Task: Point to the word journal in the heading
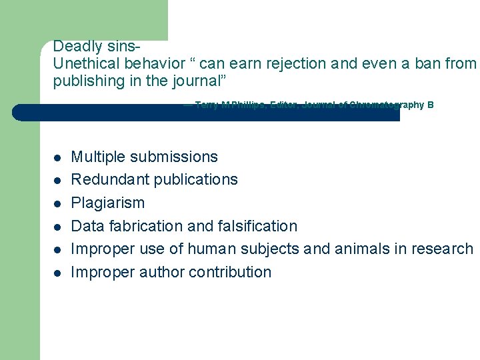pyautogui.click(x=197, y=81)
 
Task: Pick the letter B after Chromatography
pyautogui.click(x=431, y=105)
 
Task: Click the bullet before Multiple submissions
pyautogui.click(x=58, y=158)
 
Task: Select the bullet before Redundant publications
pyautogui.click(x=58, y=181)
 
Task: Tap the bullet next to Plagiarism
pyautogui.click(x=58, y=203)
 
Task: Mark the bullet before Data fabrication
pyautogui.click(x=58, y=227)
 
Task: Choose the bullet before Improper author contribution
pyautogui.click(x=58, y=273)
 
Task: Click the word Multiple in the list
pyautogui.click(x=98, y=157)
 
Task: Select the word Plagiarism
pyautogui.click(x=107, y=203)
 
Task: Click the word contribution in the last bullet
pyautogui.click(x=230, y=272)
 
